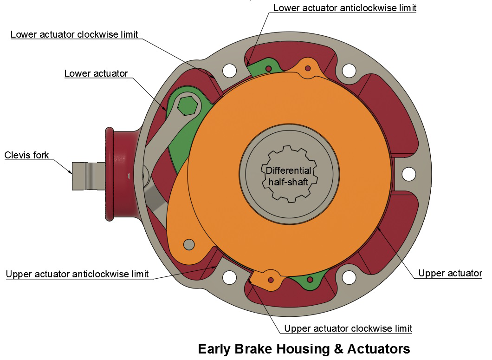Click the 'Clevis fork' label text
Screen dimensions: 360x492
(x=26, y=155)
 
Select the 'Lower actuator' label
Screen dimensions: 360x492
(x=96, y=73)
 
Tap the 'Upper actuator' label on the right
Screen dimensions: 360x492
(x=450, y=273)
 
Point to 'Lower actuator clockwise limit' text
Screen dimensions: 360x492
(x=74, y=34)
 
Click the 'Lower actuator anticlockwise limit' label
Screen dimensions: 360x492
(x=344, y=8)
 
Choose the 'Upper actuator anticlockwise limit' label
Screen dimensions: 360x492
(x=77, y=274)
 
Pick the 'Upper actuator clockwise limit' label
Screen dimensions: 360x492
(x=348, y=328)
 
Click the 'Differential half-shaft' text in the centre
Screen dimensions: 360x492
(x=288, y=176)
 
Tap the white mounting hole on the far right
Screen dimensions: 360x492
(x=408, y=174)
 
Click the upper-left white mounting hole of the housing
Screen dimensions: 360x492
(x=229, y=71)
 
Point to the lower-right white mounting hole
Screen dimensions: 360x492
(x=349, y=277)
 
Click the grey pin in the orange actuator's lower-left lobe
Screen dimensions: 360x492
(x=188, y=243)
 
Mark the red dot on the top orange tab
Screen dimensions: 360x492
(x=307, y=68)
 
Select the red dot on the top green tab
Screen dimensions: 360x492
(x=268, y=69)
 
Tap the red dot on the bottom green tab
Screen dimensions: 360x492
(x=310, y=279)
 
